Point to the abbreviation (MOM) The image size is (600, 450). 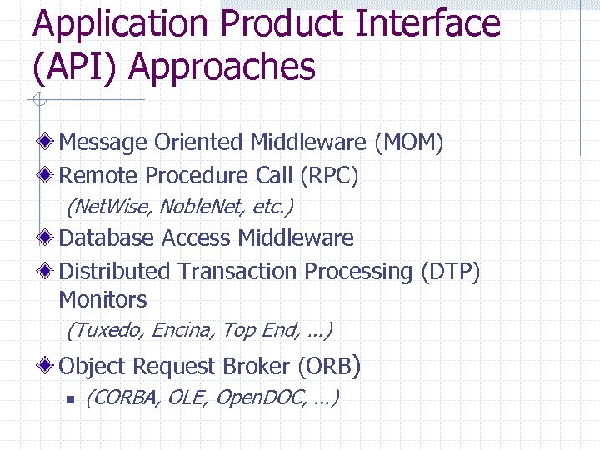[x=408, y=142]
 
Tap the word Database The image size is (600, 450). [x=107, y=238]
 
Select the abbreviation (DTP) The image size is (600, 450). [x=450, y=272]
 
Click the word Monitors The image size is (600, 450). [x=102, y=300]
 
